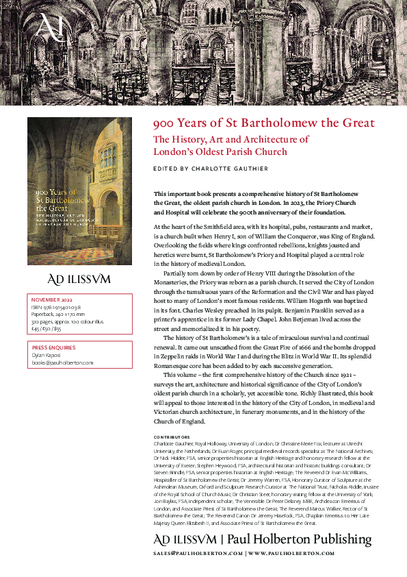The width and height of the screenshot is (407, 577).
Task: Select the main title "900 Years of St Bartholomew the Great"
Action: pyautogui.click(x=264, y=123)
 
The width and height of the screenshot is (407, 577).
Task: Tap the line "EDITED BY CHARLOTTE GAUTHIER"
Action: pyautogui.click(x=211, y=169)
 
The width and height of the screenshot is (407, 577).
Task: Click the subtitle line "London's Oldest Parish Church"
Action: pyautogui.click(x=220, y=151)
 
